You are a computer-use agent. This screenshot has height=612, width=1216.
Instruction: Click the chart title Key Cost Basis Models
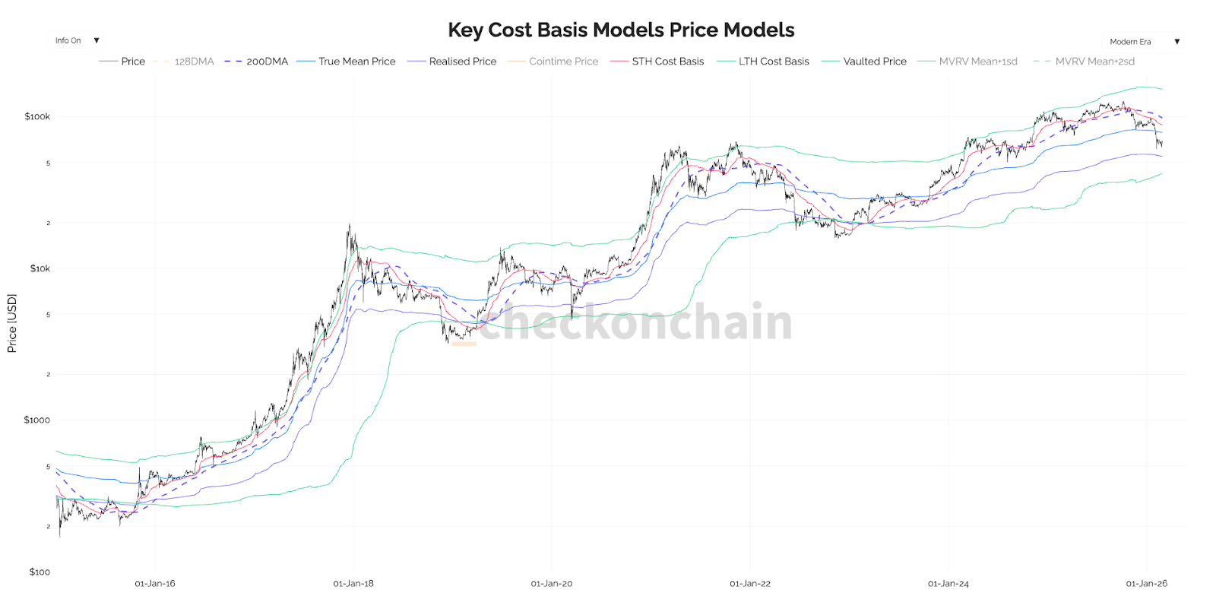(621, 30)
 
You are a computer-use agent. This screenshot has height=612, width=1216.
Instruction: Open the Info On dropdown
(77, 41)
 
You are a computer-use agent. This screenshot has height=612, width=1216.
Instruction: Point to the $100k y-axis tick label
(37, 116)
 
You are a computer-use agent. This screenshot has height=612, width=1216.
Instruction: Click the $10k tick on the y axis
(40, 268)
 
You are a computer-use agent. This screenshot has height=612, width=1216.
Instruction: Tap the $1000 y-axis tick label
(36, 420)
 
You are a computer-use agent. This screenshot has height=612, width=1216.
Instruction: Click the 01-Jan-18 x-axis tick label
(353, 584)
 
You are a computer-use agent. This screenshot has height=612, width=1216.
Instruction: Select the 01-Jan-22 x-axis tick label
(750, 584)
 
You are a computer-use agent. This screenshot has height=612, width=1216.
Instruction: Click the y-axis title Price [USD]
(11, 323)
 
